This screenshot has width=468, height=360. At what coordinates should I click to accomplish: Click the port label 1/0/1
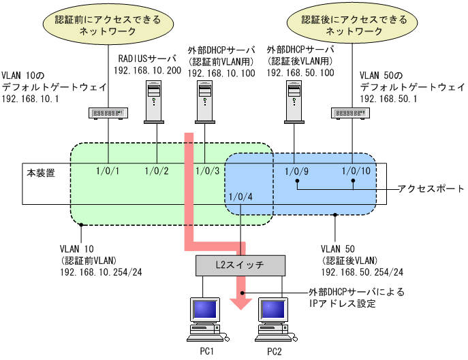pyautogui.click(x=107, y=170)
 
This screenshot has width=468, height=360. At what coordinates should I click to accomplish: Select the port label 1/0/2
pyautogui.click(x=157, y=170)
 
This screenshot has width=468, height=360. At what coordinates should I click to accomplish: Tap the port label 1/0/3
pyautogui.click(x=206, y=170)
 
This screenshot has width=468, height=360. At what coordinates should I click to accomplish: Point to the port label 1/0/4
pyautogui.click(x=241, y=198)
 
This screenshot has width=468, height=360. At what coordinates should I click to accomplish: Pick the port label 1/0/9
pyautogui.click(x=297, y=170)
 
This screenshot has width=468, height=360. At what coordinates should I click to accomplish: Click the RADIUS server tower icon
pyautogui.click(x=155, y=102)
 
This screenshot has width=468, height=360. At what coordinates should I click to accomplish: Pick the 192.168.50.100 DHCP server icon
pyautogui.click(x=294, y=102)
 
